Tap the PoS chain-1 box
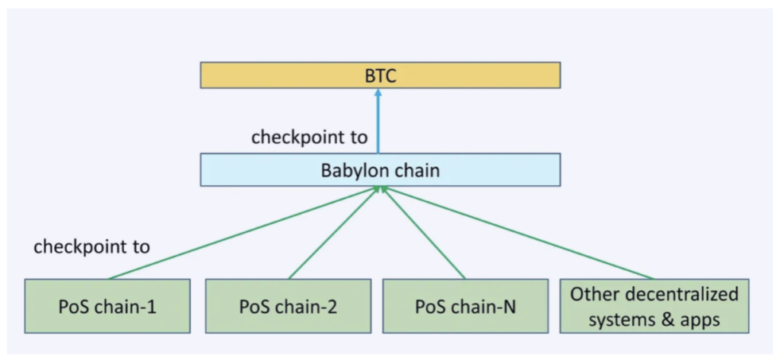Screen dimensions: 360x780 (107, 305)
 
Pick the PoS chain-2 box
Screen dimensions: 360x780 (289, 305)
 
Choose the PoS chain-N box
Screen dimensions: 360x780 (465, 305)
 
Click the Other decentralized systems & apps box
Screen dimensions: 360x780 (654, 305)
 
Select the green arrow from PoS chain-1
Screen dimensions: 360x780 (239, 234)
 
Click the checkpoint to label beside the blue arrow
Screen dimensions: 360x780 (309, 137)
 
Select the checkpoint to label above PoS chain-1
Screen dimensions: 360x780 (91, 246)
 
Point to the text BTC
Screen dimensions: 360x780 (380, 76)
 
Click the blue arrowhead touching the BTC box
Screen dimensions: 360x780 (378, 93)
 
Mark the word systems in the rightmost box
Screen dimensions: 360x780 (635, 319)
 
